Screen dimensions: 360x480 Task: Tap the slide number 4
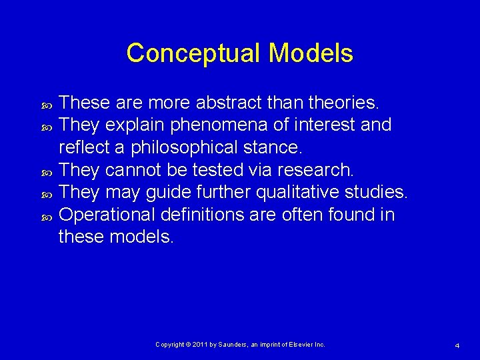pyautogui.click(x=457, y=345)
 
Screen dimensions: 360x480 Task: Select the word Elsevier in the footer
pyautogui.click(x=301, y=345)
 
